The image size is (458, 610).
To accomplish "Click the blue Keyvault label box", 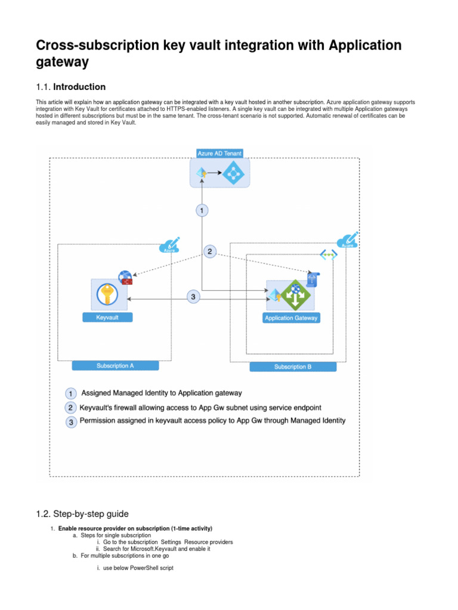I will point(107,318).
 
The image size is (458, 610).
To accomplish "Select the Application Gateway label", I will point(291,318).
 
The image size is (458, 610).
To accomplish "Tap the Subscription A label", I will point(115,366).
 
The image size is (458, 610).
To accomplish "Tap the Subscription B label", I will point(293,367).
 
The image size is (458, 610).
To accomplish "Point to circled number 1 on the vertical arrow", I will point(203,210).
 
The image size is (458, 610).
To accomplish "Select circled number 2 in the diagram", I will point(209,252).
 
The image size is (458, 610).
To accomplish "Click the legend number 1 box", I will point(70,394).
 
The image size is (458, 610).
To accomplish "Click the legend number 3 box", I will point(70,422).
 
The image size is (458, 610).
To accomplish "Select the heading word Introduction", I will point(79,87).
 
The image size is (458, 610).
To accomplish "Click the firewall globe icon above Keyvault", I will point(125,277).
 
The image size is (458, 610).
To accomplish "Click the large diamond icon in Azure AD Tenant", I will point(233,173).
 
